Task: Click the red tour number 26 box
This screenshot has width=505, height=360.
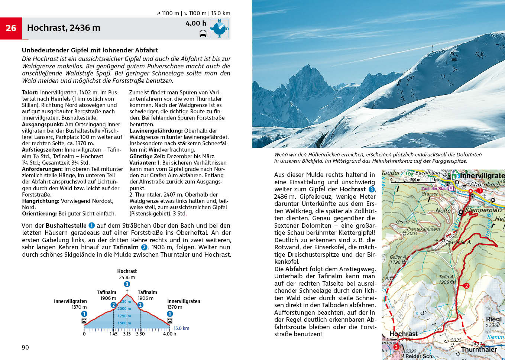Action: point(11,28)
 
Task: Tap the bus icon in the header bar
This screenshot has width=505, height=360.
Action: point(203,34)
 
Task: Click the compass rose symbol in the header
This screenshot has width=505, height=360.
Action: point(219,29)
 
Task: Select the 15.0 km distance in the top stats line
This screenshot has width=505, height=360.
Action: point(221,13)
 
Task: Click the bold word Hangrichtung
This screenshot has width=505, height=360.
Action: point(41,201)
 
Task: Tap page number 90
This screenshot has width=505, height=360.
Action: point(25,347)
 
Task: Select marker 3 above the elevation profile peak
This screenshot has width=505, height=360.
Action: point(127,284)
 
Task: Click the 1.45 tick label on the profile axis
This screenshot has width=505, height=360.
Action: point(113,334)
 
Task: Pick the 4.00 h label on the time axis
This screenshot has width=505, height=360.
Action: point(169,334)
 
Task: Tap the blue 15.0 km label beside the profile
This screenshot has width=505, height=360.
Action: point(181,328)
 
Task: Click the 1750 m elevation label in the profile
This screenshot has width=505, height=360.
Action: point(124,316)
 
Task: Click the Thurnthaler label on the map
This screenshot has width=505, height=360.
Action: point(479,349)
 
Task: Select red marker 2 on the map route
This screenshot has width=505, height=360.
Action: point(466,286)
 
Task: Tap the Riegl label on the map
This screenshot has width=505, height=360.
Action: point(493,319)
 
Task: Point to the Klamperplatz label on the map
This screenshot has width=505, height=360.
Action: point(484,210)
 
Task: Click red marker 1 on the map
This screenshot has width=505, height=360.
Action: point(479,190)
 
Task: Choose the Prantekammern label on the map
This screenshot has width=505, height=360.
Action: point(423,229)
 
